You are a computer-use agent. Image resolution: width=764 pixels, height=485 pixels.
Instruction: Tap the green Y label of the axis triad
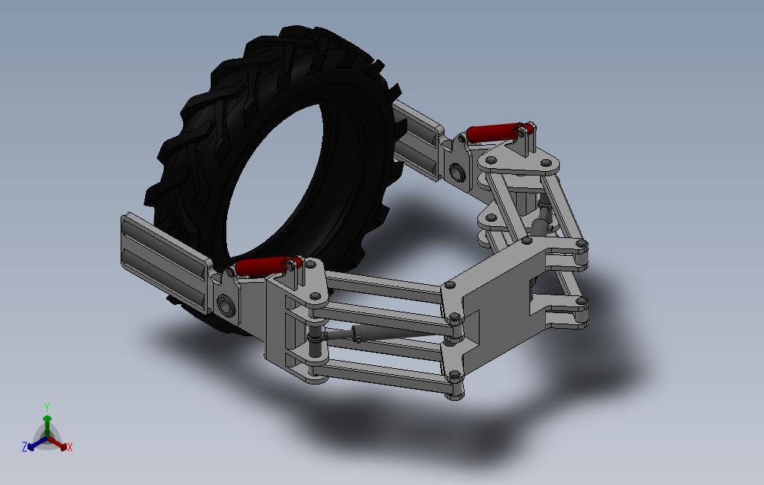[x=47, y=407]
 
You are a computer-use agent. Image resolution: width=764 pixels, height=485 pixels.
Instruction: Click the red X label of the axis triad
[x=70, y=447]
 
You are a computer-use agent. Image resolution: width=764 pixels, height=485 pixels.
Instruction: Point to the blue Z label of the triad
[x=25, y=446]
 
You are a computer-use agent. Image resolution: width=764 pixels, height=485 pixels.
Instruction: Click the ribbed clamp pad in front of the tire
[x=166, y=262]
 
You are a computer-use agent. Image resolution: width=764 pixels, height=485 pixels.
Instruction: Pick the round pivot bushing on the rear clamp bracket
[x=456, y=171]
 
